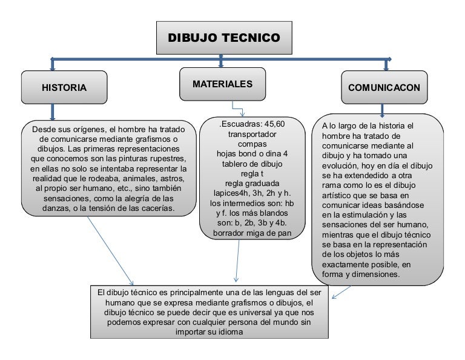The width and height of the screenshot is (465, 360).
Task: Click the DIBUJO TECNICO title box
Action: pos(224,38)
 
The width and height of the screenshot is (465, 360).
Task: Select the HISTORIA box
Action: pos(64,87)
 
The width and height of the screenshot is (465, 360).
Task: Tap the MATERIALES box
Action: pos(222,84)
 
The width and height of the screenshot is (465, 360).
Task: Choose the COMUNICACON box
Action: pos(384,87)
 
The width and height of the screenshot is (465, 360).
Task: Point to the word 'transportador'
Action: pos(252,134)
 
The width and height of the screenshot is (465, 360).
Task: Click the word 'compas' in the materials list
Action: pos(252,144)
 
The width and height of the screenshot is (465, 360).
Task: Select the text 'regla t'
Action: pos(252,173)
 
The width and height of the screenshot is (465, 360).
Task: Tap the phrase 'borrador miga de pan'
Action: pos(252,233)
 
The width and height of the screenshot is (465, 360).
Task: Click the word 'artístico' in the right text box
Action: pos(335,195)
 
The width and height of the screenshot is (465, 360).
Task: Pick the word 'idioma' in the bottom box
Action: pos(230,332)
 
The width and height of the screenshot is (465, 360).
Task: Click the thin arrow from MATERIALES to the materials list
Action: pos(237,108)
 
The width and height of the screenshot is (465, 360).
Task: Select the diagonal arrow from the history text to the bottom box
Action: pos(110,251)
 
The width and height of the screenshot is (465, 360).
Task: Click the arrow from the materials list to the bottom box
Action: pos(237,260)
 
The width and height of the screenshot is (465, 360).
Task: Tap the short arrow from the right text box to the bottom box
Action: pos(341,292)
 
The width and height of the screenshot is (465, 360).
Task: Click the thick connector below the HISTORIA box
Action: pos(53,112)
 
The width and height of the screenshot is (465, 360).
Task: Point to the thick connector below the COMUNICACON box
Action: pos(382,110)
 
